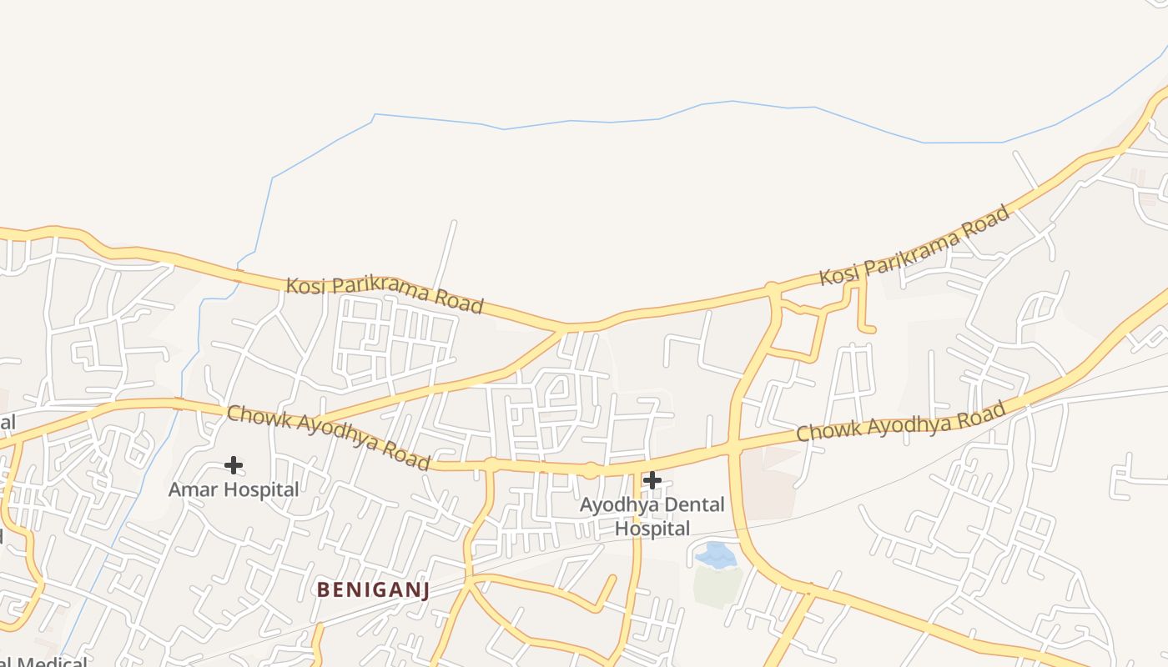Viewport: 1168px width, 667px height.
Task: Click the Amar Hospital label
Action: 234,489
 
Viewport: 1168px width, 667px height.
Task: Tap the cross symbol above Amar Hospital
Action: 234,464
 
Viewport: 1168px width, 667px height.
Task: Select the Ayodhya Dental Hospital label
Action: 652,516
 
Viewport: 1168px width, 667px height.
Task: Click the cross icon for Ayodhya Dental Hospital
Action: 652,479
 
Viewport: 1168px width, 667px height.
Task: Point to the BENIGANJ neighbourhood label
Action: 373,590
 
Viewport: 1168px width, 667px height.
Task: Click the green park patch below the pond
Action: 717,586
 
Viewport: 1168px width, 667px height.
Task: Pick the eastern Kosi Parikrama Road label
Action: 914,244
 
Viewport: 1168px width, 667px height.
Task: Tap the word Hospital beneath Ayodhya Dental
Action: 652,529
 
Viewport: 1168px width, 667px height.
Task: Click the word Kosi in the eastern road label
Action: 838,272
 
